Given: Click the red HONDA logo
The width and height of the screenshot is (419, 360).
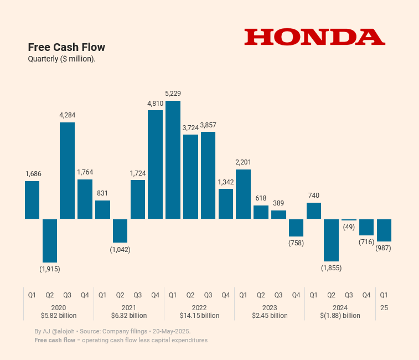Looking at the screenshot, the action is point(314,37).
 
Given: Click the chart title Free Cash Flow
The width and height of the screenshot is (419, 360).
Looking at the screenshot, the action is point(66,47).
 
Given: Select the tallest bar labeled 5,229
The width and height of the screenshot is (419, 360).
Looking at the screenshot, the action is point(173,160).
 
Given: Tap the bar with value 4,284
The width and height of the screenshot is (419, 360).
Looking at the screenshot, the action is point(67,171).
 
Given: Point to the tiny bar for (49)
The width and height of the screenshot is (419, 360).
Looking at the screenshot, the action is point(349,219).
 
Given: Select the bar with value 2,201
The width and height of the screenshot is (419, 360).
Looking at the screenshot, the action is point(243,194).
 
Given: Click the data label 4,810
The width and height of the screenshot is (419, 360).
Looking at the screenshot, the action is point(155,104).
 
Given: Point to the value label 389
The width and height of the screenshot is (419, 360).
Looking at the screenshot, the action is point(278,203).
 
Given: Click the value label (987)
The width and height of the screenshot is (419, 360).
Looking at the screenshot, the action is point(383,248).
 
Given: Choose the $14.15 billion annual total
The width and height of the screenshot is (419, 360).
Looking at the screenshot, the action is point(199,316).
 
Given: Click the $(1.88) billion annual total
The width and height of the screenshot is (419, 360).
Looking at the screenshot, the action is point(340,316).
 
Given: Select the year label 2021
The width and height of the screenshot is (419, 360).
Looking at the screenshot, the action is point(129,307).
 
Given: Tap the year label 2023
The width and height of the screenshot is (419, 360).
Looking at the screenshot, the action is point(270,307).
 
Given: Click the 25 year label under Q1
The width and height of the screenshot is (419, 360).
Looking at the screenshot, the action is point(384,307).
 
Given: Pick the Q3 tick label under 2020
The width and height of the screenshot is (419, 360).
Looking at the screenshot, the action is point(67,295).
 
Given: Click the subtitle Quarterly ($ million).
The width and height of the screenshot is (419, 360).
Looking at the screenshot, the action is point(62,59).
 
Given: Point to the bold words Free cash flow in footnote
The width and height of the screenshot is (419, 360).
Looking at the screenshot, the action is point(55,340).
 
